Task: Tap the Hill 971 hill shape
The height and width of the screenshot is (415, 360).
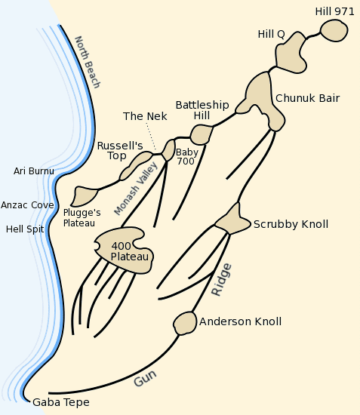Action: [x=333, y=31]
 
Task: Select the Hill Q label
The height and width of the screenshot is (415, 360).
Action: [x=271, y=34]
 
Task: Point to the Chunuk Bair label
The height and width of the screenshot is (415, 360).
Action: [x=307, y=98]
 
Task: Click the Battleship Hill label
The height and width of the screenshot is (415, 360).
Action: [x=192, y=110]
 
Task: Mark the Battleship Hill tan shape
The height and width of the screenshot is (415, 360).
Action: [x=201, y=134]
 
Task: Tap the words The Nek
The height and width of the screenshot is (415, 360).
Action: [x=145, y=116]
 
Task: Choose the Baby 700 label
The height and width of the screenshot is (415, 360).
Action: [x=186, y=156]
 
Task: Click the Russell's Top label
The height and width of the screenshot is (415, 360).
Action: [x=119, y=151]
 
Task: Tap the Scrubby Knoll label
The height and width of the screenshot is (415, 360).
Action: [x=291, y=224]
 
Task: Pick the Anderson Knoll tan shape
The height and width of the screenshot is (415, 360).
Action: [x=184, y=323]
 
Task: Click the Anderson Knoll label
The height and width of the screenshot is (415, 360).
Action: [x=240, y=321]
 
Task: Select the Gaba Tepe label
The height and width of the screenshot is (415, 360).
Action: [x=60, y=402]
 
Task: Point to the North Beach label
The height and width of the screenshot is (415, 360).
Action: [x=87, y=62]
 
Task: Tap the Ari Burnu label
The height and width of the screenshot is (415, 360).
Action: [x=34, y=171]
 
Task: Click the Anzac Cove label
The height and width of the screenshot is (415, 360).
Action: [x=27, y=204]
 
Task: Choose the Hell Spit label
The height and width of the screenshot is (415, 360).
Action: [x=25, y=229]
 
